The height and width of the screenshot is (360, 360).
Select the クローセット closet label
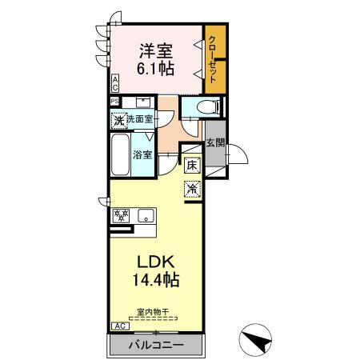[214, 59]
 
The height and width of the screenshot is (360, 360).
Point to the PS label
[115, 102]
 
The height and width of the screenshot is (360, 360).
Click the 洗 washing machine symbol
[118, 121]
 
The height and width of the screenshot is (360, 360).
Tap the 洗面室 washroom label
[141, 121]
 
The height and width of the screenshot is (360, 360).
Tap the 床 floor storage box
[192, 166]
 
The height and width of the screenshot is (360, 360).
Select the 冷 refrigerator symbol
[192, 189]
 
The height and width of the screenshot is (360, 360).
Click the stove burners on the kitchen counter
[122, 215]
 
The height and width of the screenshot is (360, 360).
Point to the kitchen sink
[146, 215]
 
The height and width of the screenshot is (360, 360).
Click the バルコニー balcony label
[157, 345]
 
